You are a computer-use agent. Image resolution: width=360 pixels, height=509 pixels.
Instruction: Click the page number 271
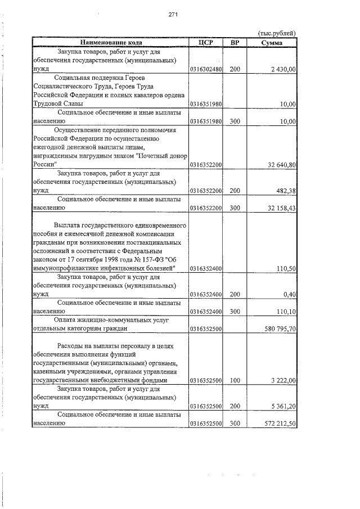(173, 15)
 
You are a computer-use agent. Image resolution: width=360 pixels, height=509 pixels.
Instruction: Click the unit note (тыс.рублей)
(276, 33)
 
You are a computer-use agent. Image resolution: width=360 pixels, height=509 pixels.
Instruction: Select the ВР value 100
(235, 381)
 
